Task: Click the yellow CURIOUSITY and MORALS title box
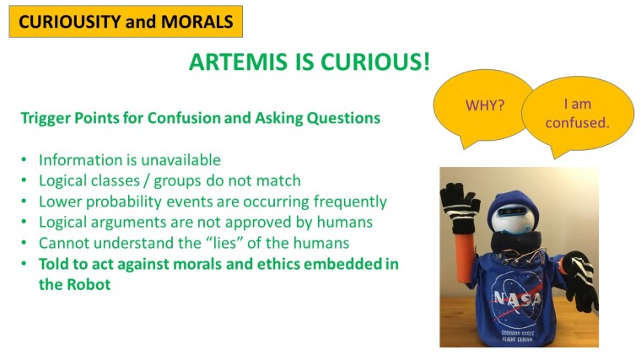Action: point(126,22)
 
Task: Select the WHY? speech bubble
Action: point(485,105)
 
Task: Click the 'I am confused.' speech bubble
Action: point(578,113)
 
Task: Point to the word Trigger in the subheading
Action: point(45,118)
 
